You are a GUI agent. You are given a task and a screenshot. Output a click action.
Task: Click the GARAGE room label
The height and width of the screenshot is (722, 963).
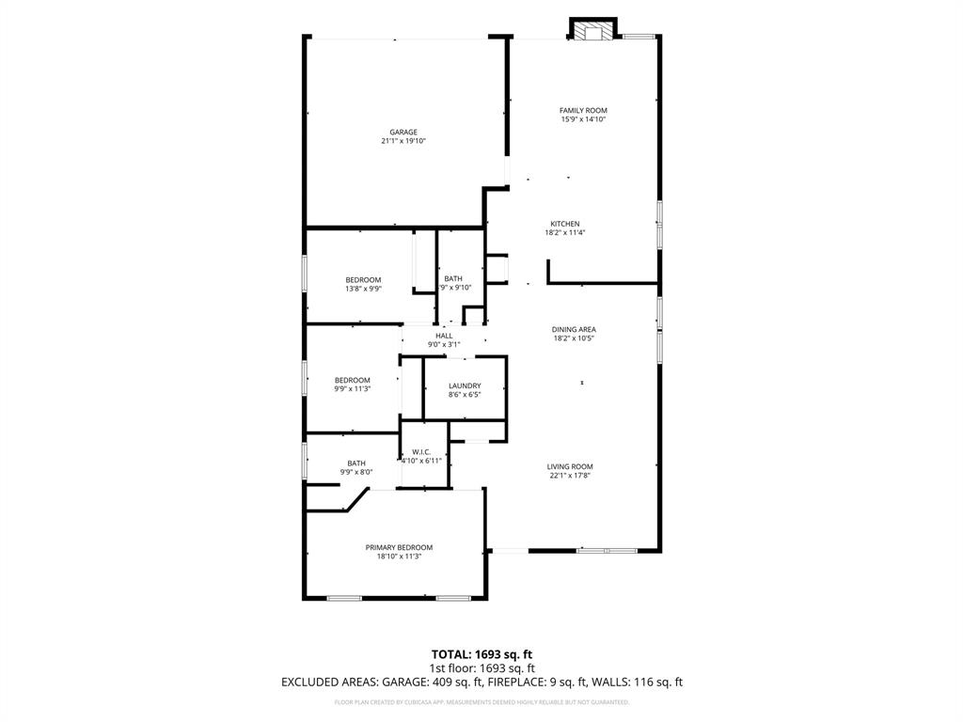[403, 132]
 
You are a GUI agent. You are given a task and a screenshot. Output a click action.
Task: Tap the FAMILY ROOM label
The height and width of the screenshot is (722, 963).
[583, 110]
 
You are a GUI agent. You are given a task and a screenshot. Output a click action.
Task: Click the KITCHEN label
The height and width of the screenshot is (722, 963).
[564, 224]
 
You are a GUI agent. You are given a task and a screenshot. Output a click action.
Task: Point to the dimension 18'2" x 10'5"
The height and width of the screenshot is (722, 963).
[574, 338]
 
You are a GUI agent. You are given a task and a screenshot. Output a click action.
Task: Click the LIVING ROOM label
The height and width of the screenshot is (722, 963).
[570, 466]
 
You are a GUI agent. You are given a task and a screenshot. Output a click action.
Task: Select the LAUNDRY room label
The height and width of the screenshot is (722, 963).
[465, 385]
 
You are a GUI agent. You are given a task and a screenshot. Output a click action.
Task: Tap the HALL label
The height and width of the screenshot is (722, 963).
[444, 336]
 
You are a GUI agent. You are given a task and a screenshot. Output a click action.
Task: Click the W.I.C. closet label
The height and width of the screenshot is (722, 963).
[421, 452]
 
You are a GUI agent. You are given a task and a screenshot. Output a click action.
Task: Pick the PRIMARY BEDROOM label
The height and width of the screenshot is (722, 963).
[399, 547]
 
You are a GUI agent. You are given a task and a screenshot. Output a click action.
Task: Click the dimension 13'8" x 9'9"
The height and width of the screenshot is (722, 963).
[363, 290]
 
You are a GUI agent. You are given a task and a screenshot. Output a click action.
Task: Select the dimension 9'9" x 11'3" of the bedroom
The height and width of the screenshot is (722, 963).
[352, 389]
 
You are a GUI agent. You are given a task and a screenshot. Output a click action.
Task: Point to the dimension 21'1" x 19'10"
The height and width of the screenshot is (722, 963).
[403, 141]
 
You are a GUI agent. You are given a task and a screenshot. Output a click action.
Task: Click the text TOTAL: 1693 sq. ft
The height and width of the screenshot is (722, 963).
[481, 654]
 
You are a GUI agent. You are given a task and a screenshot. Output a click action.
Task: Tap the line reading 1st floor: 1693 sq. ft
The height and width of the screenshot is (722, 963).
[481, 668]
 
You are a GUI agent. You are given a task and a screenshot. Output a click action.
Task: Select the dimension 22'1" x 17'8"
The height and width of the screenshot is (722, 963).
[570, 476]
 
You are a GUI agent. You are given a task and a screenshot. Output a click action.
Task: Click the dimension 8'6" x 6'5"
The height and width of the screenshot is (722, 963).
[465, 395]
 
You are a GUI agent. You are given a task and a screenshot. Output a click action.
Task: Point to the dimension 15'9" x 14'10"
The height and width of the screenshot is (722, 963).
[583, 119]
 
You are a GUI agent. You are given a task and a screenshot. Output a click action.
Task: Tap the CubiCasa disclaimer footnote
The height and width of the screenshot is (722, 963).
[481, 702]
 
